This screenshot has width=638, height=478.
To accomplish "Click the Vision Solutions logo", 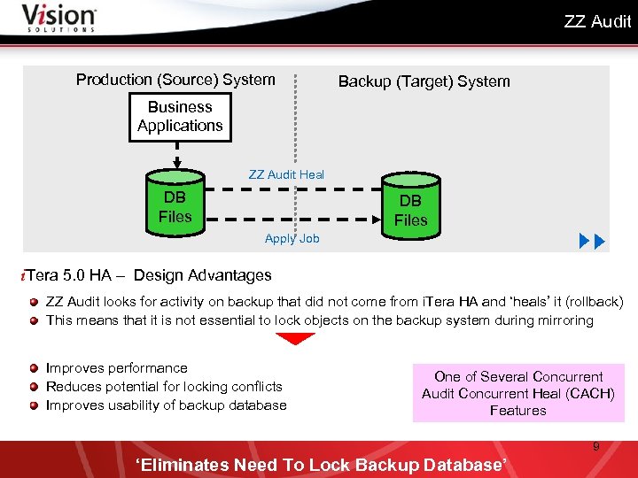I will point(58,18).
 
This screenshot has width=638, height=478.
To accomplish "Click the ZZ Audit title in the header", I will point(597,21).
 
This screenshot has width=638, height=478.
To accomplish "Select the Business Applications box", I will point(180,116).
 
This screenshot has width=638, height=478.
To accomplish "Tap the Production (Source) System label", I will point(175,80).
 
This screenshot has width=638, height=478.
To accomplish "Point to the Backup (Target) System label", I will point(424,81).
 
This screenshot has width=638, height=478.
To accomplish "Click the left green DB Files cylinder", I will point(175,207).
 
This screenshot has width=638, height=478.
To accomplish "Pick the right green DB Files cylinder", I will point(410,211).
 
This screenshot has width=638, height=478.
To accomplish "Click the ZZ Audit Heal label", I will point(286,174).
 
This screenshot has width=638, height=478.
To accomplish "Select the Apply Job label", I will point(292,238).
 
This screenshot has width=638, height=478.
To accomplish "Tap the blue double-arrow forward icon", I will point(591,241).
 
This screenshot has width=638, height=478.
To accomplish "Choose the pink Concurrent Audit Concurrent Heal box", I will point(517,393).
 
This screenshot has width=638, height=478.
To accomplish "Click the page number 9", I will point(595,446).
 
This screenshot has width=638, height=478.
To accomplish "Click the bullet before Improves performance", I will point(34,368).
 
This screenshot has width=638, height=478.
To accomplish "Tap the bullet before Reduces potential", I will point(34,387).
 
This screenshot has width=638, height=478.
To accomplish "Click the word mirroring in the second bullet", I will point(563,320).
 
